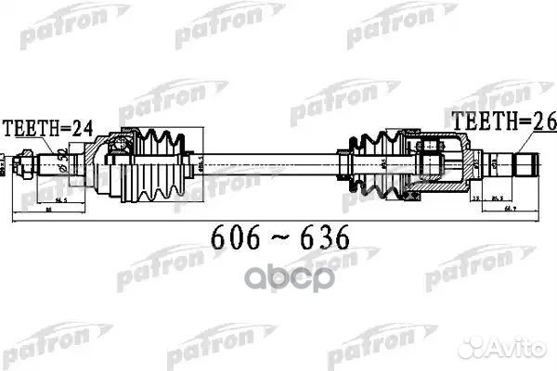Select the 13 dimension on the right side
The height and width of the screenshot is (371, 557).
(x=473, y=198)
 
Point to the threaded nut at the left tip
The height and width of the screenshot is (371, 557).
(x=29, y=167)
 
